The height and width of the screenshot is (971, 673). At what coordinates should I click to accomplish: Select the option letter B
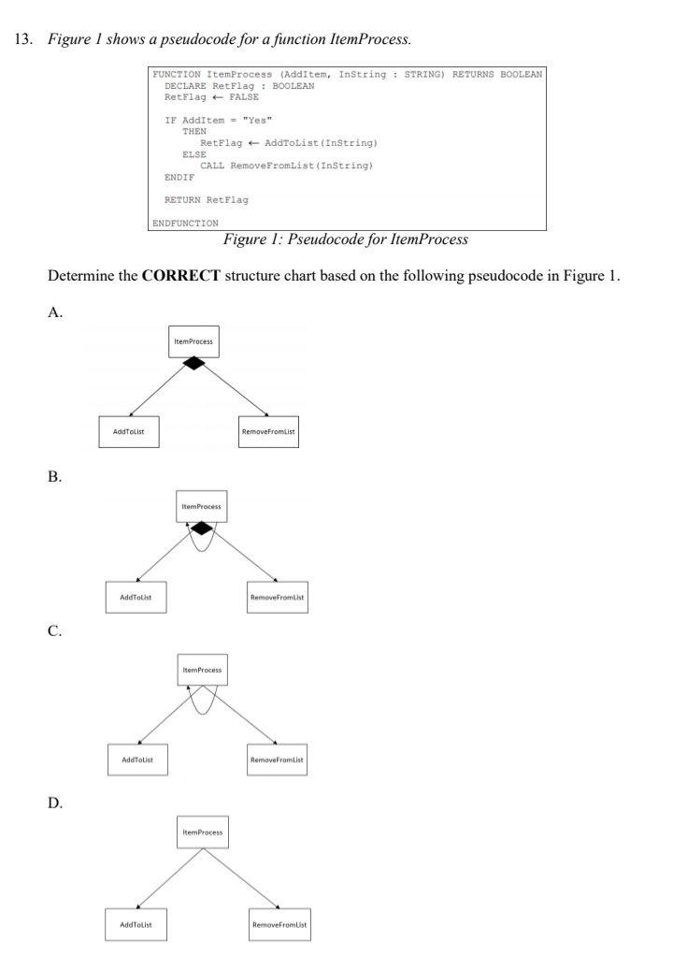click(56, 477)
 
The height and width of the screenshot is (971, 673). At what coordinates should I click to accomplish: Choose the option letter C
click(56, 632)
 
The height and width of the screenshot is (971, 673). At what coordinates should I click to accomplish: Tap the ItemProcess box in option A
click(193, 341)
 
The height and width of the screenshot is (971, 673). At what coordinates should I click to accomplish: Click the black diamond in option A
click(193, 363)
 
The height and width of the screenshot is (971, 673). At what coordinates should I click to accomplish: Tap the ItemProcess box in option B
click(202, 507)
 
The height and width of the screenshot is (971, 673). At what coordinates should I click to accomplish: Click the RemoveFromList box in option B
click(278, 597)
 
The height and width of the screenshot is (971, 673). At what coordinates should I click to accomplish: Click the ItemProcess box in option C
click(202, 670)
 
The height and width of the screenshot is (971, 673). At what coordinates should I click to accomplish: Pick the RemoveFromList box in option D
click(279, 925)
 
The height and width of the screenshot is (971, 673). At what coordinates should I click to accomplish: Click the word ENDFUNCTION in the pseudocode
click(186, 223)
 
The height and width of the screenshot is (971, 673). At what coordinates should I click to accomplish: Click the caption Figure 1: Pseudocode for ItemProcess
click(345, 239)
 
